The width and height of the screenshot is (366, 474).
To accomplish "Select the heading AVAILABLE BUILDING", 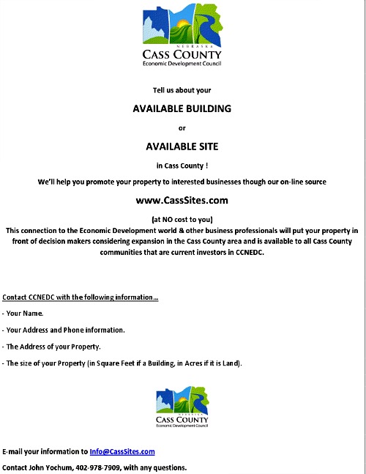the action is (182, 108).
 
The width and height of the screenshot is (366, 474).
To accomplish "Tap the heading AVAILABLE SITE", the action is (182, 147).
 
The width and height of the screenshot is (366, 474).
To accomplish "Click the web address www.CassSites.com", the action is (182, 199).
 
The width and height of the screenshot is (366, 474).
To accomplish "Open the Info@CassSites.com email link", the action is (122, 452).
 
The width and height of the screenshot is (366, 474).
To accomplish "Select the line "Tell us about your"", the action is (182, 90).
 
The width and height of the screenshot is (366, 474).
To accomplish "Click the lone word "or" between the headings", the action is (182, 127).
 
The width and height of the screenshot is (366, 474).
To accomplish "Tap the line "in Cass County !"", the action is (182, 165).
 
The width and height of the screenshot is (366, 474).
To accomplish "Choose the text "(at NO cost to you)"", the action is (182, 219).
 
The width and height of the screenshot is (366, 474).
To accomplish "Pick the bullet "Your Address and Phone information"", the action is (65, 330).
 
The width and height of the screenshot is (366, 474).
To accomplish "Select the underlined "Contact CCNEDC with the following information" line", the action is (80, 297).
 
